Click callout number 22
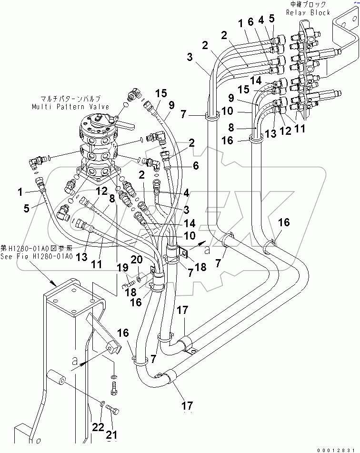pos(97,427)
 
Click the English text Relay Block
pos(308,12)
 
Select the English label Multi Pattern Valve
pos(70,107)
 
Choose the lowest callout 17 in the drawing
pos(187,405)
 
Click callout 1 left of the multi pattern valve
pos(20,192)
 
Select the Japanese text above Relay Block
pos(308,4)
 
